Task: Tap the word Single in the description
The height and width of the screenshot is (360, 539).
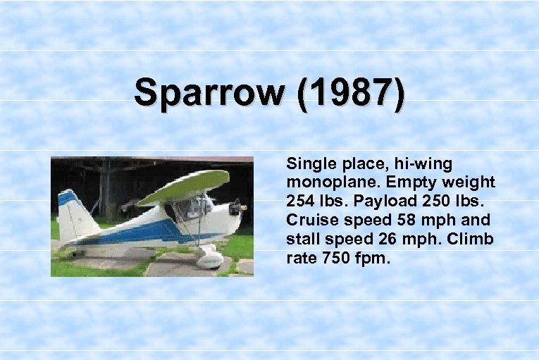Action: [307, 164]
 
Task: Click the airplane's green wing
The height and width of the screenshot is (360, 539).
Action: [185, 186]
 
